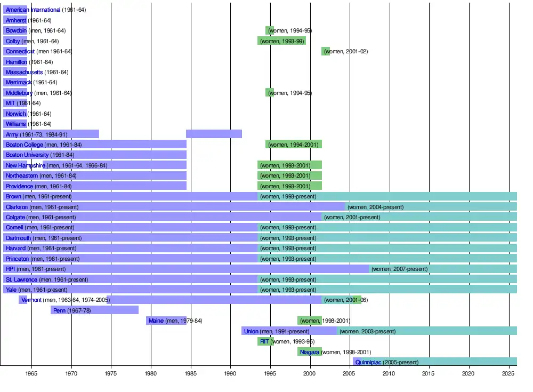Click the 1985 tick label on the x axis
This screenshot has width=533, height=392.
click(191, 373)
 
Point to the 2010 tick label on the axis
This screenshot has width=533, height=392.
click(390, 373)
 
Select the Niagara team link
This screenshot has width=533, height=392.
click(309, 352)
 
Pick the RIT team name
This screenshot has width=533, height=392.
click(264, 341)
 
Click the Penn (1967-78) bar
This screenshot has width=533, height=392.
click(94, 310)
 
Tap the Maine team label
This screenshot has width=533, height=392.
click(156, 321)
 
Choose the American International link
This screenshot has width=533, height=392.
click(33, 10)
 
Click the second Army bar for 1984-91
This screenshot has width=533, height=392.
click(214, 134)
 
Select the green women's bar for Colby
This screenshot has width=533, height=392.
click(281, 41)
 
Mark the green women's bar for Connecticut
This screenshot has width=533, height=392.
click(326, 51)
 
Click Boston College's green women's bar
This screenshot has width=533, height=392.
click(294, 145)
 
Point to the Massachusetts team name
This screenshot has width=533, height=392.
click(24, 72)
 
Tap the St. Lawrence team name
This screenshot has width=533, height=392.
click(21, 279)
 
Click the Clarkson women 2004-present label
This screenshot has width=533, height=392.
click(375, 207)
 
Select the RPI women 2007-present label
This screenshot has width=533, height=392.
click(399, 269)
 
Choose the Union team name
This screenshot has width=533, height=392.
click(251, 331)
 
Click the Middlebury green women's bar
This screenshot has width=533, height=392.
click(270, 93)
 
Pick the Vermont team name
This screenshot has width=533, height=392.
click(31, 300)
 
